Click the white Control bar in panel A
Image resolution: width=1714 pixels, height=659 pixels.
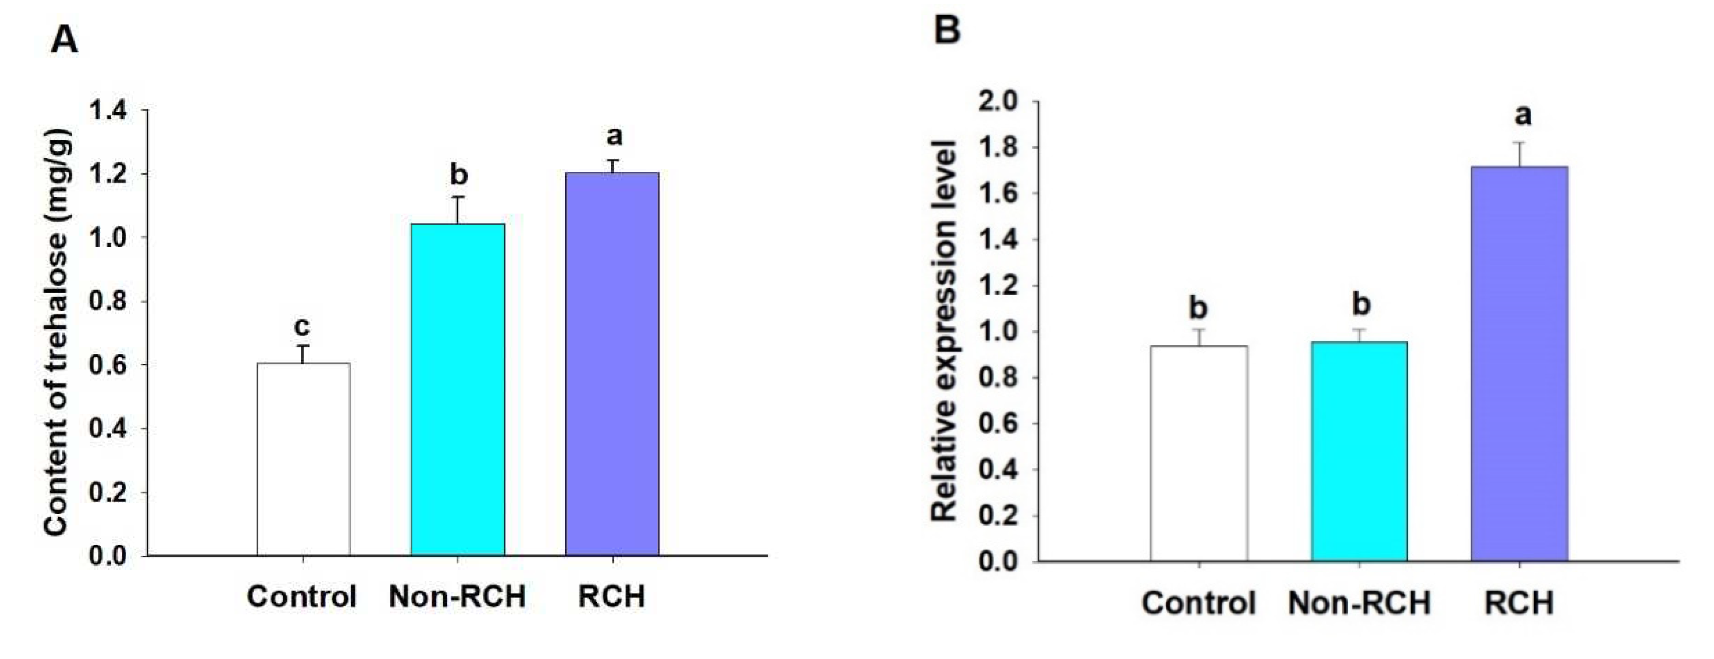[304, 460]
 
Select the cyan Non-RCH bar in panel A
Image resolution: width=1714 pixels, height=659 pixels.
[458, 389]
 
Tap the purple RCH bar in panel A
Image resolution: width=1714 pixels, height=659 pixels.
[612, 363]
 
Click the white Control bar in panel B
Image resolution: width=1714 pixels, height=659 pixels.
[1199, 453]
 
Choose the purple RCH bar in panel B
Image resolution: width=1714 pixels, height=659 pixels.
[1520, 363]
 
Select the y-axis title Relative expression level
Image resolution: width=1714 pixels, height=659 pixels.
[943, 331]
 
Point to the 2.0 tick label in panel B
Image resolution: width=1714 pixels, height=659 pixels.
[998, 102]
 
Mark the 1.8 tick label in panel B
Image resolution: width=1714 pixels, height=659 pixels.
[998, 148]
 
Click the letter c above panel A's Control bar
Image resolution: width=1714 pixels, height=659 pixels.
[302, 326]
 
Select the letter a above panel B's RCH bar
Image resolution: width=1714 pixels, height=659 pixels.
[1523, 115]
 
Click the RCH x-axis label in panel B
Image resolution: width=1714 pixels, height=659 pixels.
[1520, 603]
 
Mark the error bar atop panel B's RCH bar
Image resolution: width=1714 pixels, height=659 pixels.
[1520, 154]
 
